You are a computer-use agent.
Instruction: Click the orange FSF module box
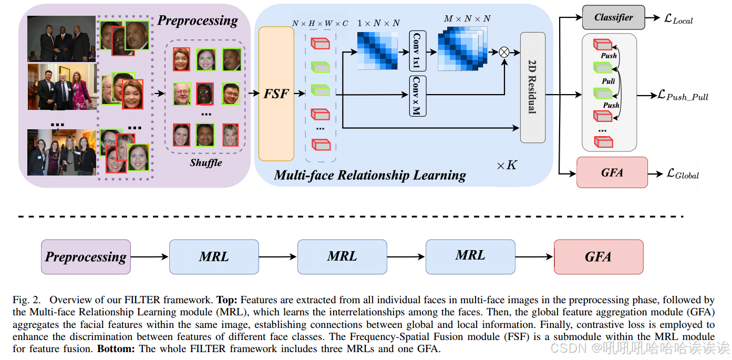(x=276, y=94)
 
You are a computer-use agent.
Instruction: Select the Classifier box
(x=613, y=18)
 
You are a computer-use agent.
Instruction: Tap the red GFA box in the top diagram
(x=612, y=172)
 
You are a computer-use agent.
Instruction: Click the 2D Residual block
(x=532, y=87)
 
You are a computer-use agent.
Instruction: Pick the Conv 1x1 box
(x=417, y=51)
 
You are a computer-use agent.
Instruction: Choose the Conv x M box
(x=417, y=96)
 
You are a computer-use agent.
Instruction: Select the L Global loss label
(x=683, y=173)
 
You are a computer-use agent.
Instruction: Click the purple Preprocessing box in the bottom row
(x=86, y=256)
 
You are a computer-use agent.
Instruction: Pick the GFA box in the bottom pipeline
(x=598, y=256)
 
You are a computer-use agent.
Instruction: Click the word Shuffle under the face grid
(x=206, y=162)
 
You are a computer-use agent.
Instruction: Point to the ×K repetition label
(x=507, y=166)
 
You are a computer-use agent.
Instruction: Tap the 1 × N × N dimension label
(x=378, y=23)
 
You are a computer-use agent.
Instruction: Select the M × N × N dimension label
(x=467, y=19)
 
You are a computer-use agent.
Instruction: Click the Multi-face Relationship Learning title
(x=370, y=175)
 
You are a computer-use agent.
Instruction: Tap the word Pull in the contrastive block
(x=609, y=81)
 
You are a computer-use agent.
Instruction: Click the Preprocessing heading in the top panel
(x=198, y=20)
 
